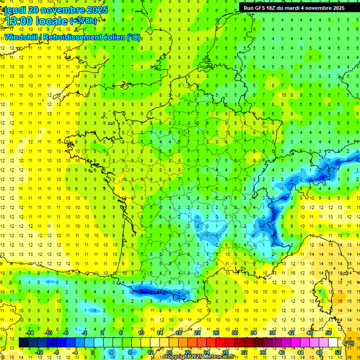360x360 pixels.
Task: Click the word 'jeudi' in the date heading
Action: (15, 9)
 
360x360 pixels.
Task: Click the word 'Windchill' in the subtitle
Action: (23, 37)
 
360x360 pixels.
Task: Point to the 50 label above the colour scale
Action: (328, 332)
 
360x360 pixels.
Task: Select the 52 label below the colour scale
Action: (337, 352)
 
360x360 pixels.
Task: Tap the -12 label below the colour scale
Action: (39, 352)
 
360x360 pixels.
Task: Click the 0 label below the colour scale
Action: (93, 352)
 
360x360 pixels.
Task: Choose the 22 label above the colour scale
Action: (197, 332)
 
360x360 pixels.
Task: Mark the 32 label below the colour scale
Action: (244, 352)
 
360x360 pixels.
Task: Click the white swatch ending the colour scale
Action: (333, 342)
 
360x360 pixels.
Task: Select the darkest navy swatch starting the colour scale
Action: (23, 342)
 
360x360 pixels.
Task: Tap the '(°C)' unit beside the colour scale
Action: (349, 343)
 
